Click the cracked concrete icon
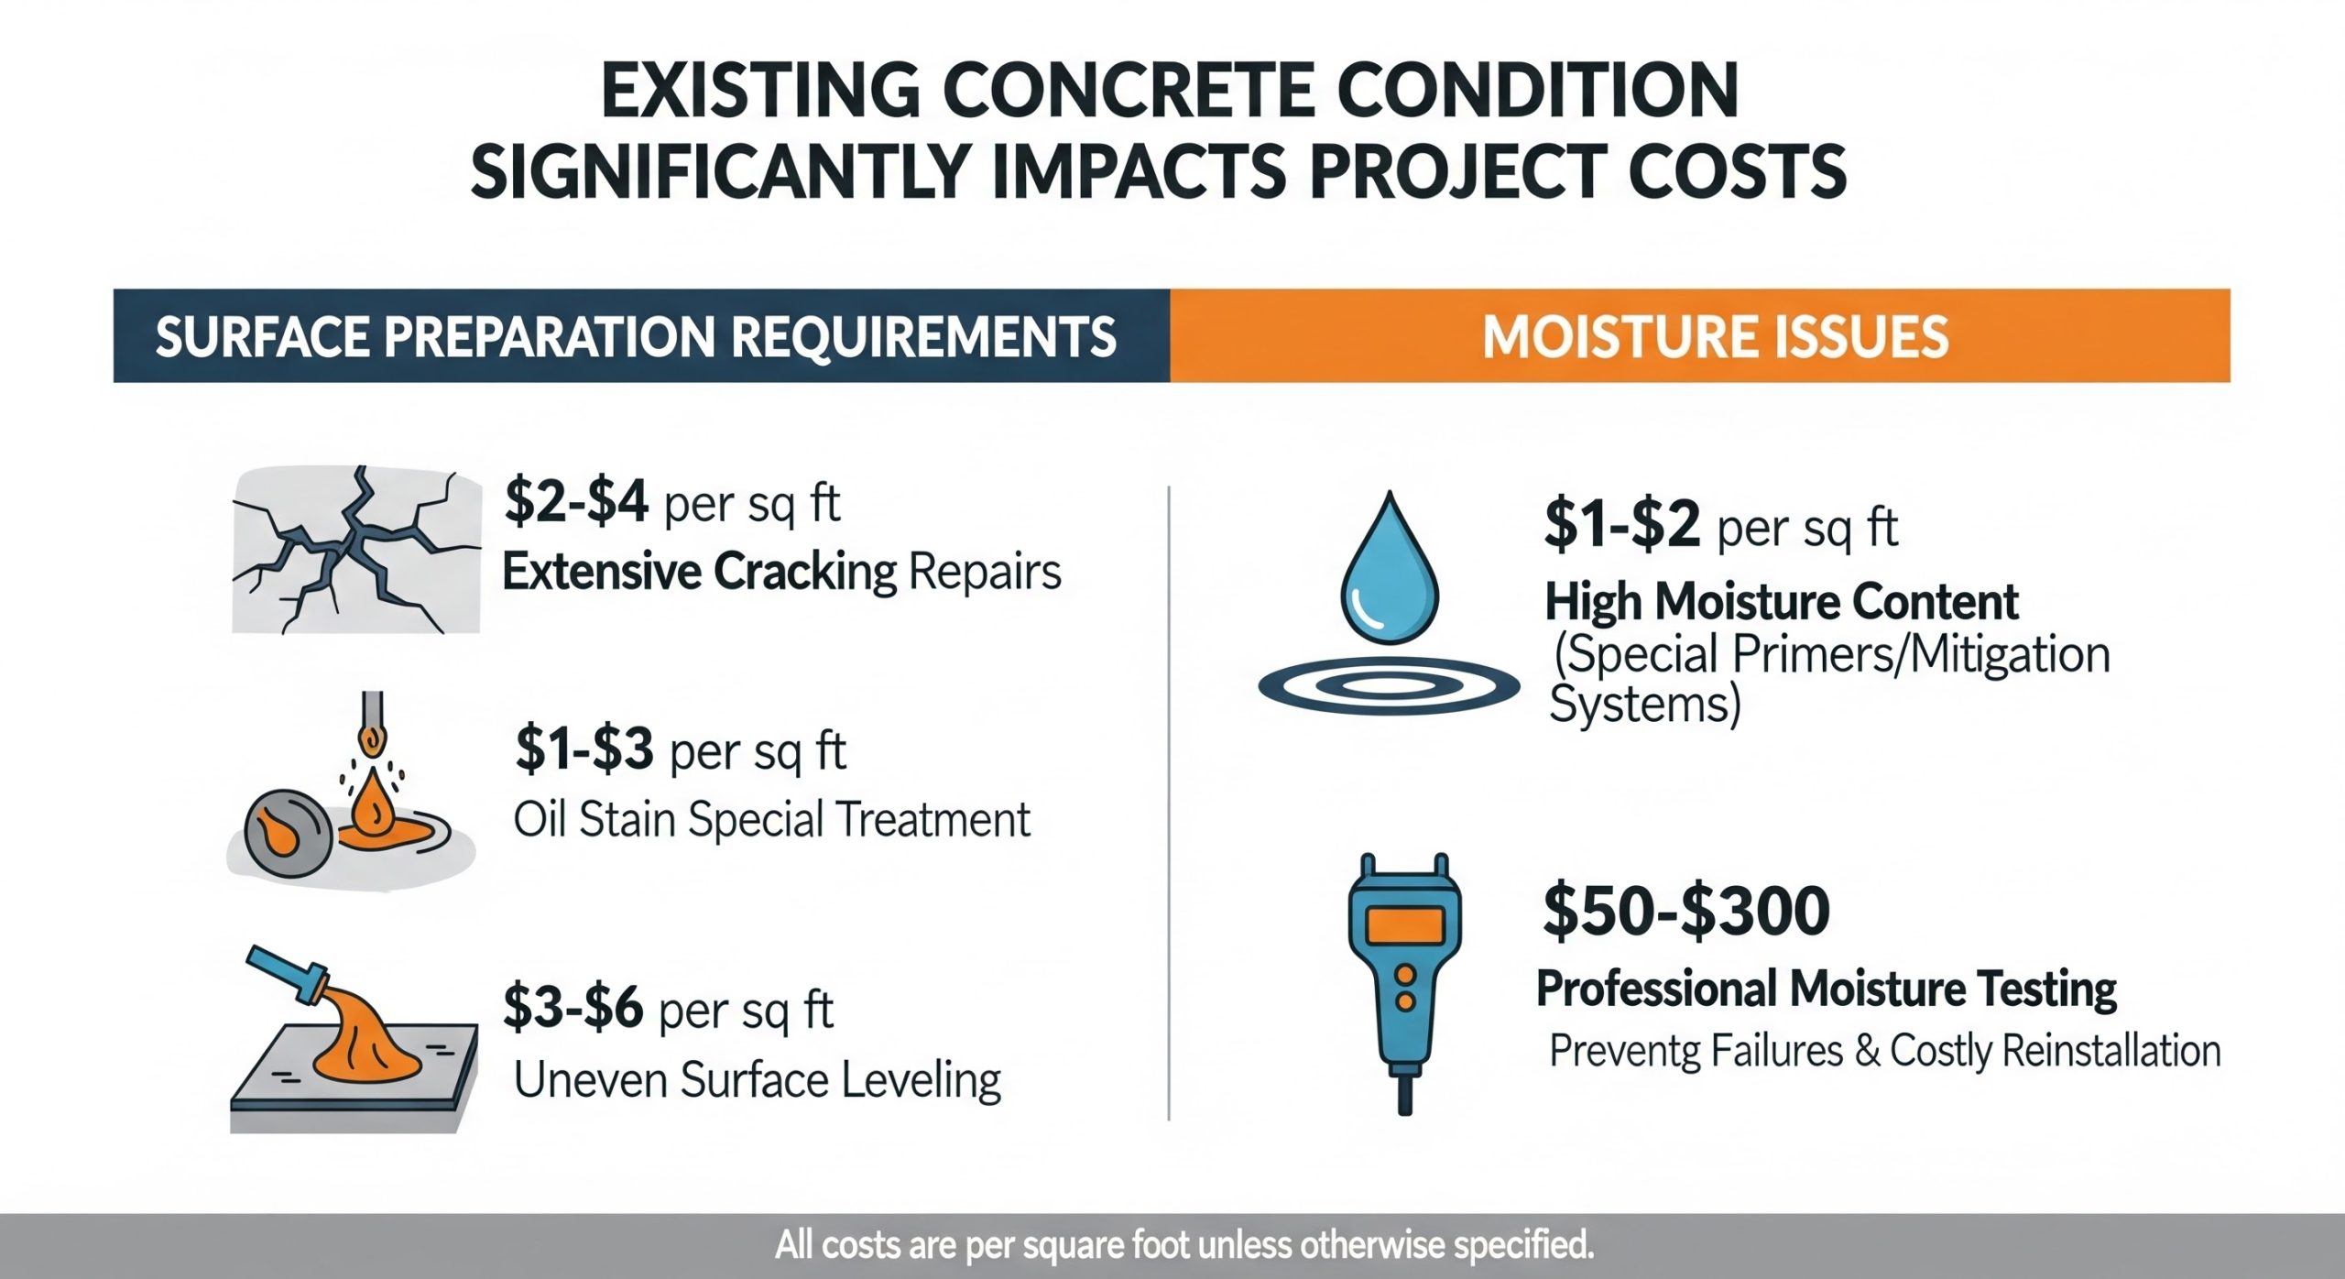(x=355, y=550)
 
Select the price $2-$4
(x=576, y=503)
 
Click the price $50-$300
(x=1685, y=911)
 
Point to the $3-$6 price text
(x=573, y=1009)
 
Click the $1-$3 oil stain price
(x=584, y=749)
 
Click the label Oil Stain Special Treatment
(x=771, y=819)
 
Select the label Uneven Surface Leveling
(x=757, y=1080)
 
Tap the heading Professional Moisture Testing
(x=1826, y=989)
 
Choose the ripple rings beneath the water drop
(x=1389, y=687)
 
